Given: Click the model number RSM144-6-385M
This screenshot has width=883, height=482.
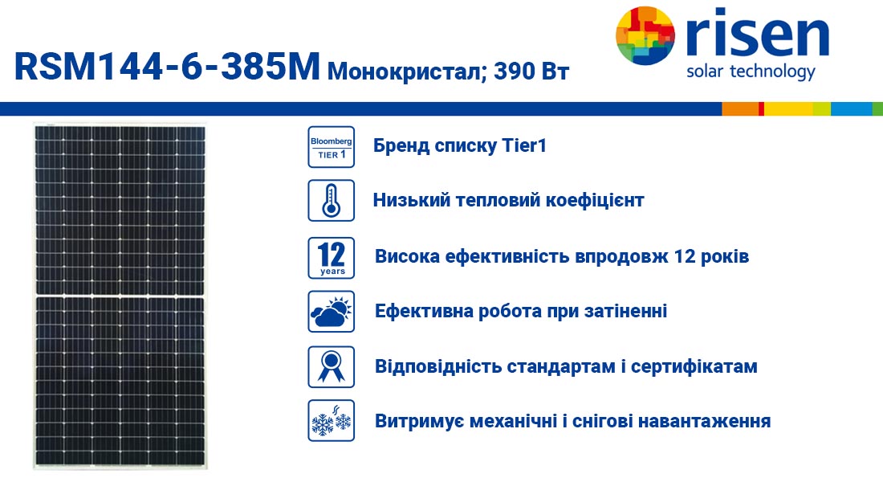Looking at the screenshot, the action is (x=167, y=67).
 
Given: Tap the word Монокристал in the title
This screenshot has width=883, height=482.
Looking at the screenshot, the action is (x=402, y=71).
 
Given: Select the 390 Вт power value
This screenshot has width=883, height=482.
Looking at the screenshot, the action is (x=531, y=71).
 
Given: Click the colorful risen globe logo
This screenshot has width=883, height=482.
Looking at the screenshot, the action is (x=645, y=35).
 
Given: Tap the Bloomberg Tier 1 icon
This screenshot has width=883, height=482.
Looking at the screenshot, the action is (x=331, y=147).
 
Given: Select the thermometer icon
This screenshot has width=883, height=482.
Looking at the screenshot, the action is (x=331, y=201).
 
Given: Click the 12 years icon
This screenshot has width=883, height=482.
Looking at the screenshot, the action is (x=331, y=258).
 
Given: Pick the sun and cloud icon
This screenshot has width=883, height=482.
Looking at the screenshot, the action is (x=331, y=312).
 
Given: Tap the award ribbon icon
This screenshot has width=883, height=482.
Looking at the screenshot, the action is (x=331, y=367).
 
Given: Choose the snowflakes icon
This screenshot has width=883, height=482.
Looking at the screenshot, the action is (x=331, y=421).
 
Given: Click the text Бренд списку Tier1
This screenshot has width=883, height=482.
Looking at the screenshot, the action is (x=459, y=146).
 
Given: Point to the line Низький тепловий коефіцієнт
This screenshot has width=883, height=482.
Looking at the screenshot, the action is (x=508, y=200).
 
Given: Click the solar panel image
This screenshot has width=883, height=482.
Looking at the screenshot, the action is (x=120, y=296).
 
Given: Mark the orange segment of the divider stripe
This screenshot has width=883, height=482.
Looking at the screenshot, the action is (x=741, y=108).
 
